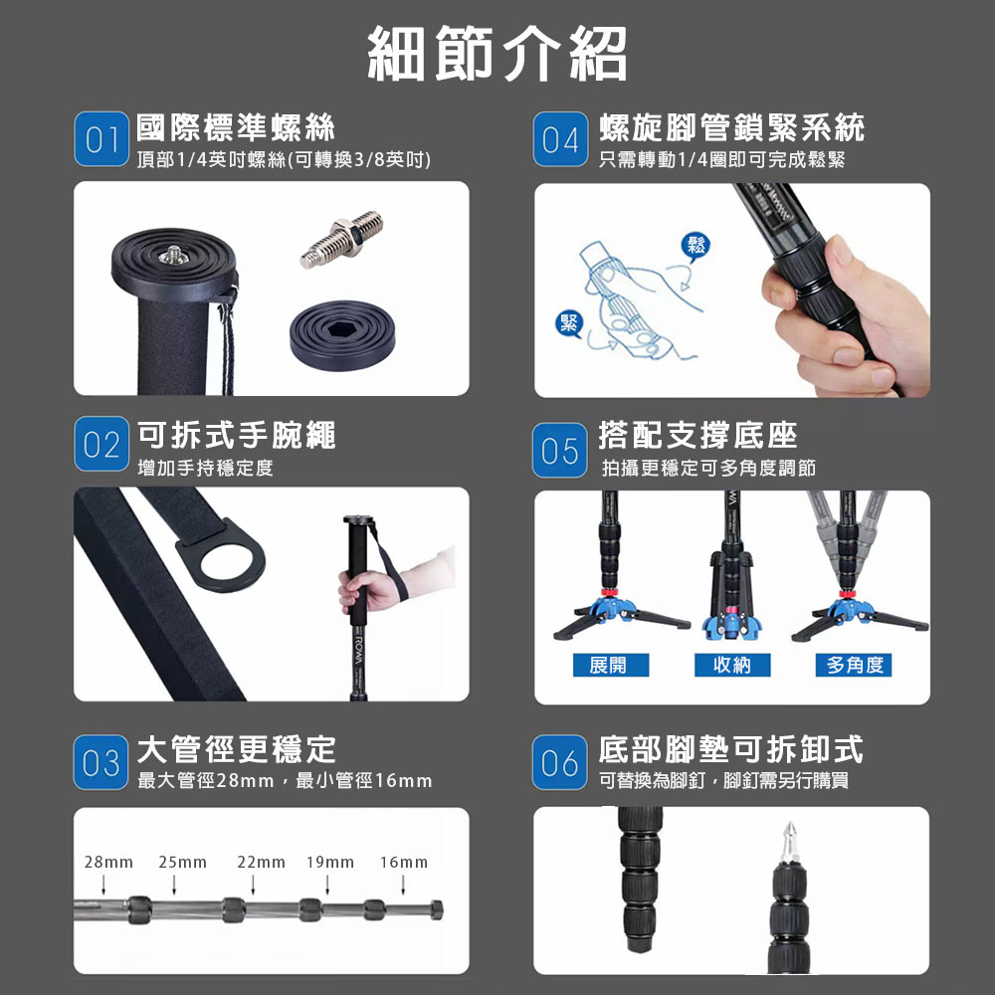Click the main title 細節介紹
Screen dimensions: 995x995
[x=497, y=54]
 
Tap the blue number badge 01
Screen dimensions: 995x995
[x=101, y=139]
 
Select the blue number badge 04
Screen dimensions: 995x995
[x=560, y=139]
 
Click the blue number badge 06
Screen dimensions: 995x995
[x=559, y=762]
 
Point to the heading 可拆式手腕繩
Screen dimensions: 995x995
[x=236, y=436]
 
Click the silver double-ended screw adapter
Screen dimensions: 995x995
[x=342, y=240]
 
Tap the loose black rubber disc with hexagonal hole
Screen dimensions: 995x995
[x=342, y=336]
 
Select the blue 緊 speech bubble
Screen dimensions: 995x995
[x=568, y=324]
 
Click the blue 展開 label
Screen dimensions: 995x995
[x=611, y=665]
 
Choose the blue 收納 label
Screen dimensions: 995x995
[x=732, y=665]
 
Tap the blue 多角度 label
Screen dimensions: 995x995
[x=854, y=665]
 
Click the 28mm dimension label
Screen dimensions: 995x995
[x=108, y=863]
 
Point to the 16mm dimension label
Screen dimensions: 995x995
[x=404, y=863]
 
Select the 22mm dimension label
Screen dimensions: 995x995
[x=261, y=863]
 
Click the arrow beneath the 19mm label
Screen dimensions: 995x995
[x=327, y=885]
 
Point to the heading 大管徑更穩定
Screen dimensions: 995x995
[x=236, y=749]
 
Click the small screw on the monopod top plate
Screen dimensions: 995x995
[x=172, y=255]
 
